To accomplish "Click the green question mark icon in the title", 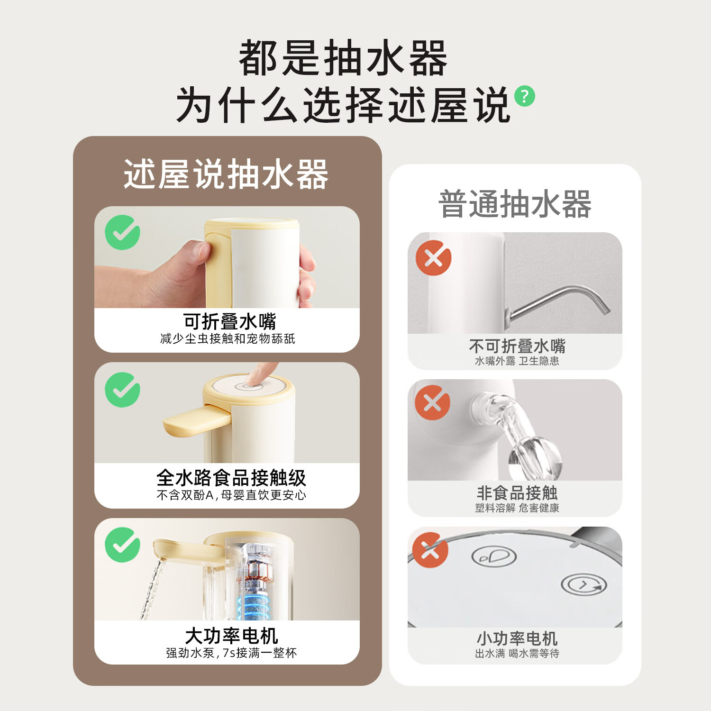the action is (525, 96).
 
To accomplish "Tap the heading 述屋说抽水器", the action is (226, 174).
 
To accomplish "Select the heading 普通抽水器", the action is (515, 204).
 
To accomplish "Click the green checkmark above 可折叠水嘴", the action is (122, 232).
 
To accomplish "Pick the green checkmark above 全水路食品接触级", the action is (122, 390).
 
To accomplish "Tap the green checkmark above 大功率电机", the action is (122, 545).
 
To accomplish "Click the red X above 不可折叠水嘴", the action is (433, 258).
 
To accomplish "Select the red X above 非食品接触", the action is (432, 402).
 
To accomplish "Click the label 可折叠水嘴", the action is (230, 321).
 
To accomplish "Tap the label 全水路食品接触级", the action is (231, 478).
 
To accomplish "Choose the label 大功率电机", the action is (231, 635).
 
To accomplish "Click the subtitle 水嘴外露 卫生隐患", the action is (517, 361).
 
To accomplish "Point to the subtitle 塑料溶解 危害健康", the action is (517, 508).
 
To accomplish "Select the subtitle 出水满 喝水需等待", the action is (517, 653).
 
